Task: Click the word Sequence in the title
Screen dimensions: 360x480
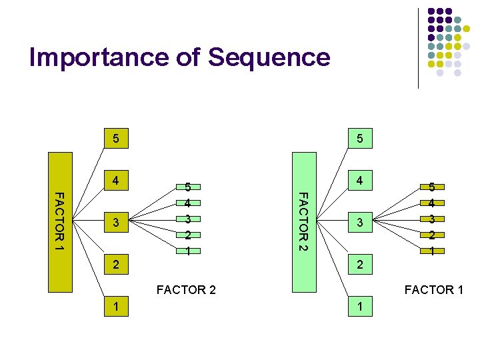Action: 269,57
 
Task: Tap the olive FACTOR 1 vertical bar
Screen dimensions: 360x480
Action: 59,223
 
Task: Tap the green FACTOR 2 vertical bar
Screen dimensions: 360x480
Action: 303,223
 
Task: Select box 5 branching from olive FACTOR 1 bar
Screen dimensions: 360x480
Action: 116,139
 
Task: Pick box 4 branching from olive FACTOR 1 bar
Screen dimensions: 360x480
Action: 116,180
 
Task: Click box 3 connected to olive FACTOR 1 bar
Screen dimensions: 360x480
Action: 116,223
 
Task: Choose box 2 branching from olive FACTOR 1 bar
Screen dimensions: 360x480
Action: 116,264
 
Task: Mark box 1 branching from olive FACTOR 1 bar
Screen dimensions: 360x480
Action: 116,306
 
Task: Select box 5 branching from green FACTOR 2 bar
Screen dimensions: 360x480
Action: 359,139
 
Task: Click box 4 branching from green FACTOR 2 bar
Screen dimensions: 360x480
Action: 359,180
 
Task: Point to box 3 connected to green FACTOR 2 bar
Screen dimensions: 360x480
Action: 359,223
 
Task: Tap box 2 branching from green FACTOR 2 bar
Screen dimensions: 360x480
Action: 359,264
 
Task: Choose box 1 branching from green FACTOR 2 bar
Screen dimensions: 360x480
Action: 359,306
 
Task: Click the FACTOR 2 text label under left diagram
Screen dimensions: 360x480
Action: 186,289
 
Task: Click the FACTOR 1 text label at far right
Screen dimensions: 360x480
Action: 433,289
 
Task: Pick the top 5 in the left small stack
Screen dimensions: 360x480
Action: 189,187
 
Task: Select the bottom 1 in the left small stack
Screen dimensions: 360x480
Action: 189,251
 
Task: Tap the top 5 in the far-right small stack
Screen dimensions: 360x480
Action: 432,187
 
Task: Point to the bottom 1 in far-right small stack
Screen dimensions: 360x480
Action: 432,251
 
